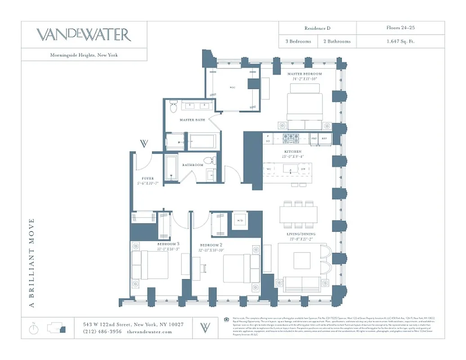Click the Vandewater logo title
pos(84,35)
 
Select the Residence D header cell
pos(317,28)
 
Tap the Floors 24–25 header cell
pos(400,28)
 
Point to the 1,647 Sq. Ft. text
pos(400,41)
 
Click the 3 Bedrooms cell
pos(298,41)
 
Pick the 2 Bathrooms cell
pos(337,41)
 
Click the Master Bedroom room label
pos(305,74)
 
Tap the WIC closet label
pos(233,88)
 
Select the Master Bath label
pos(193,120)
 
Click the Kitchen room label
pos(292,152)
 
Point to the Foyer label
pos(148,179)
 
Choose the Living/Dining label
pos(301,234)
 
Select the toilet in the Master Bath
pos(174,108)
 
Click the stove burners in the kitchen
pos(291,138)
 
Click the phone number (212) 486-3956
pos(102,332)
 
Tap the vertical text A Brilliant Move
pos(31,263)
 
